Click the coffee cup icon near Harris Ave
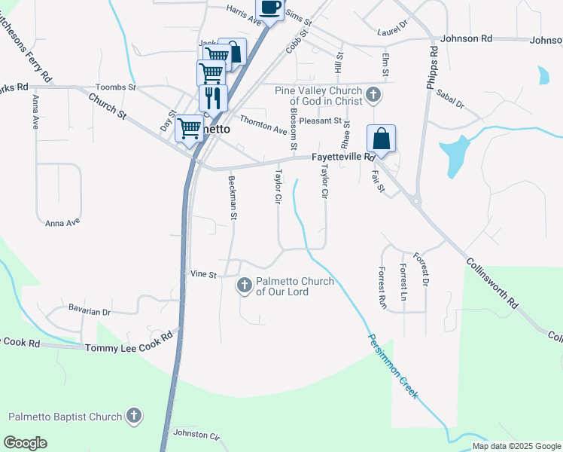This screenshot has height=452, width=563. [271, 8]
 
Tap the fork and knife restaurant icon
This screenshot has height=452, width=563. [213, 97]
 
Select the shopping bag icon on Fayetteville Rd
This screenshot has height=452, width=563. [382, 139]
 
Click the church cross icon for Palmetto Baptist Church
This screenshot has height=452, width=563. [133, 415]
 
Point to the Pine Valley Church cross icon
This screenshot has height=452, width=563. [373, 95]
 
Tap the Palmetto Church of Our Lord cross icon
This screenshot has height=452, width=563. [244, 286]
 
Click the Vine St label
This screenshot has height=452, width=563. [203, 275]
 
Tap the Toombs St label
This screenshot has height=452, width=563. [115, 87]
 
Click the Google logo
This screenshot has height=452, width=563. [26, 442]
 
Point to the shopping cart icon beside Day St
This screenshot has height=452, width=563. [189, 128]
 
